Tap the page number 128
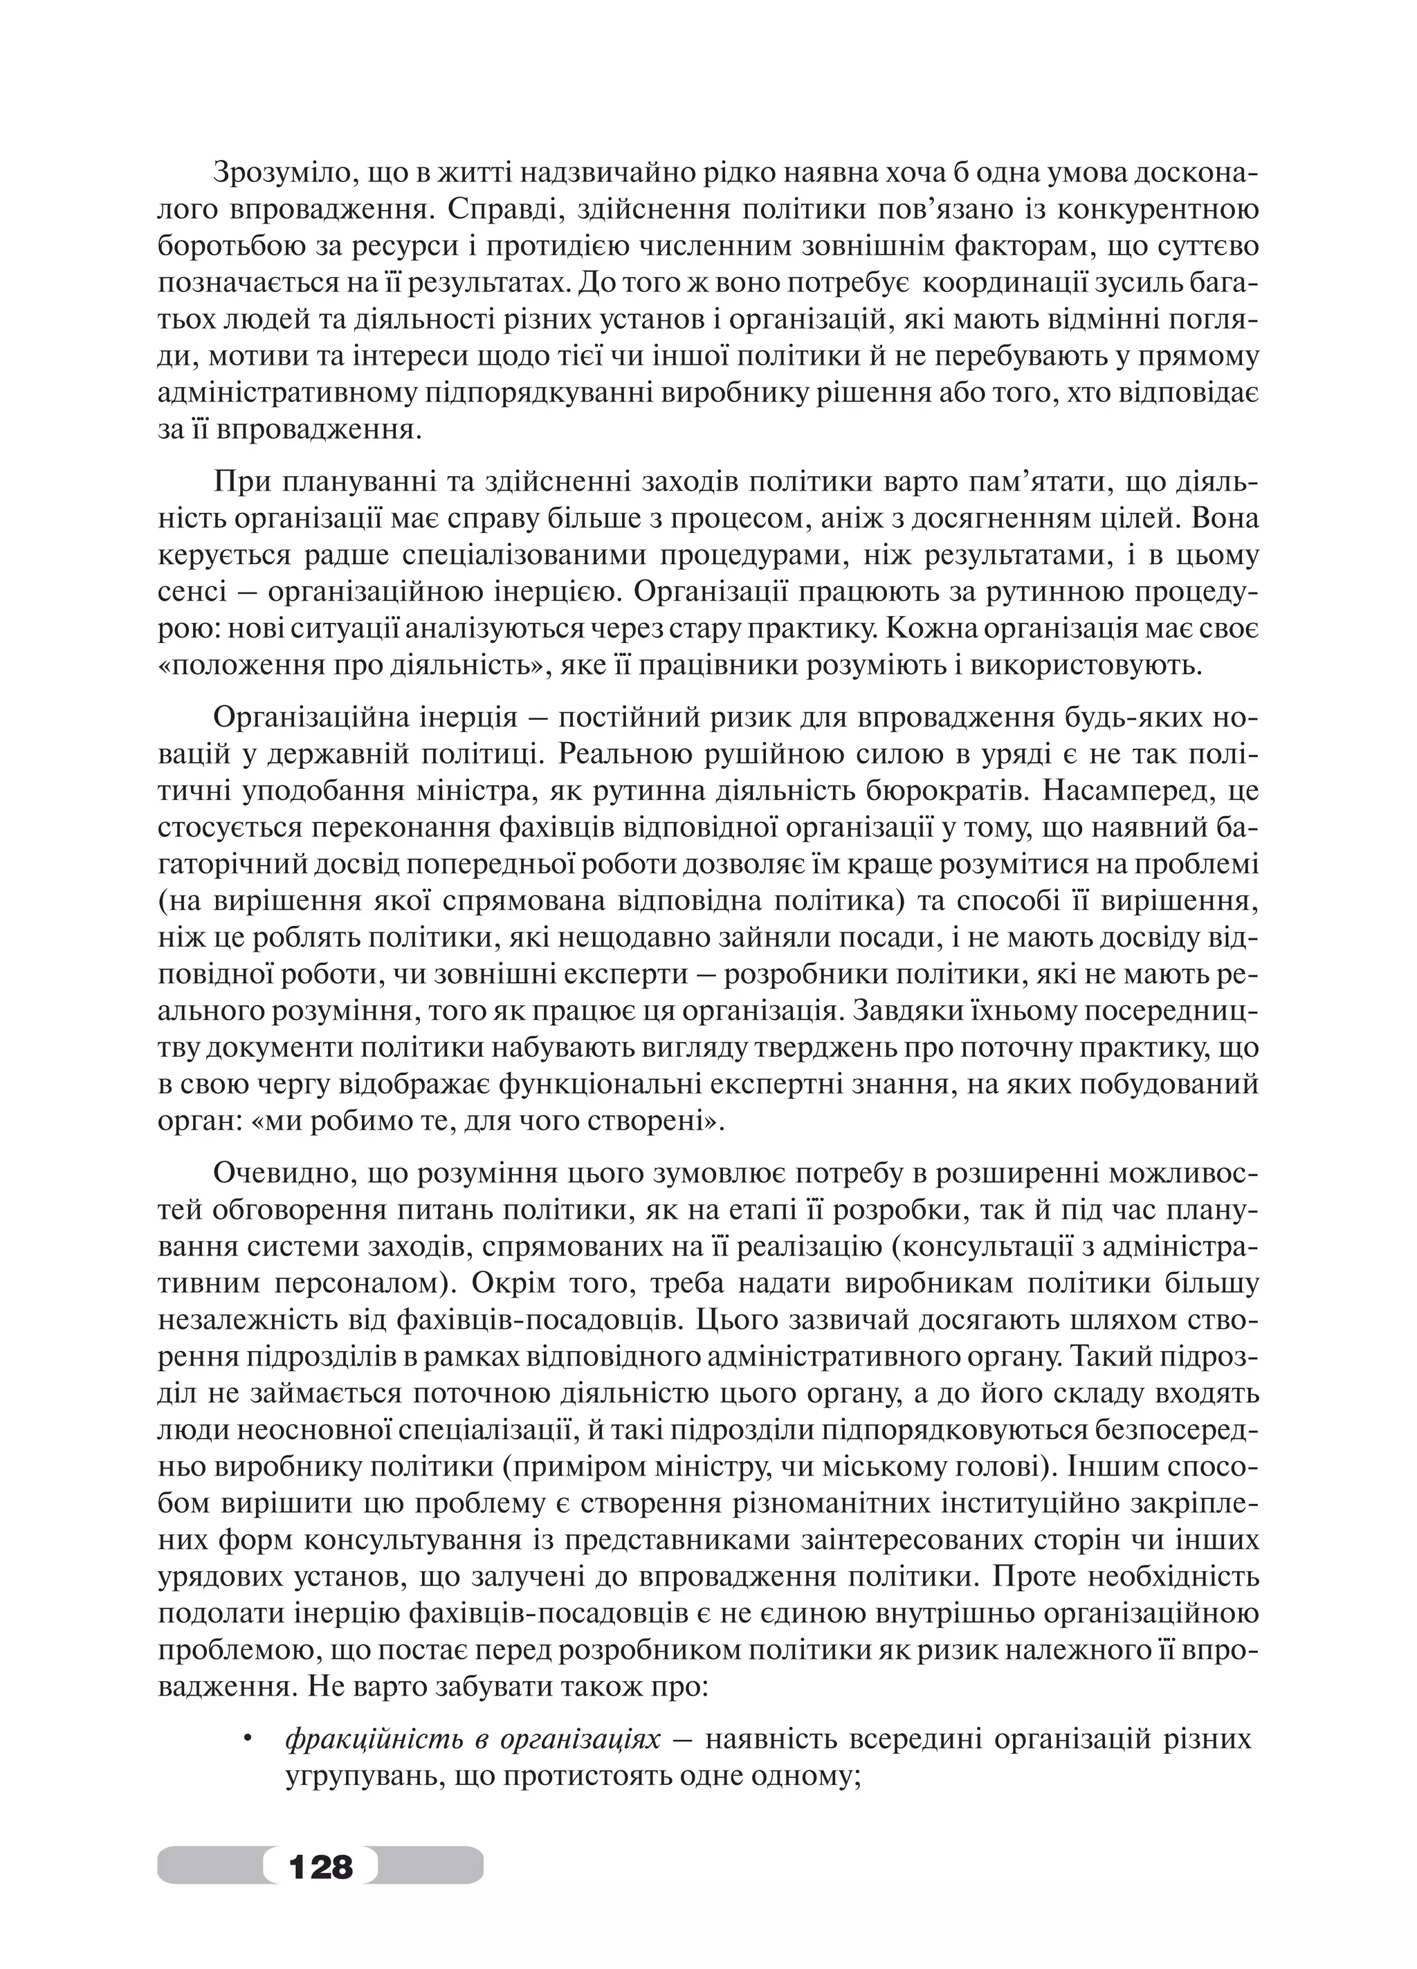pos(320,1864)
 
